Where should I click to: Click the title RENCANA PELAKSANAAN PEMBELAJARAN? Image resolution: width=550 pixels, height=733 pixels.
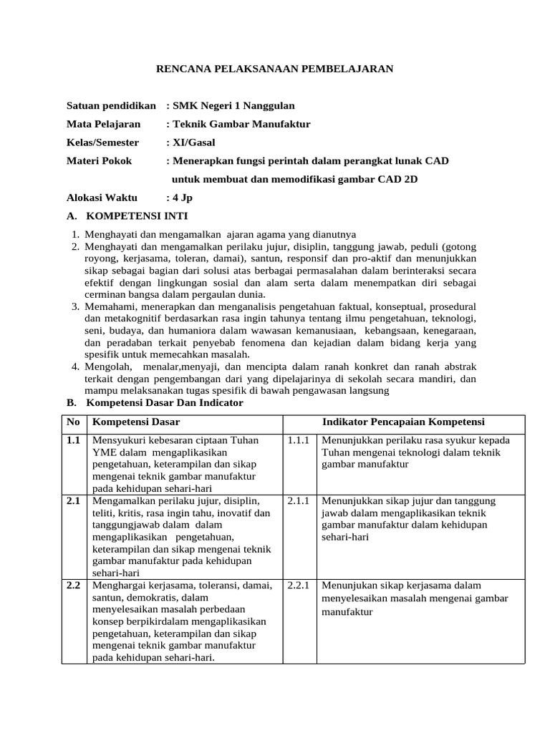coord(275,69)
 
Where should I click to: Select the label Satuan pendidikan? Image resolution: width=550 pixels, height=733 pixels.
coord(111,105)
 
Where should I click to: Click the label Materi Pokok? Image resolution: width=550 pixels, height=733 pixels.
coord(100,161)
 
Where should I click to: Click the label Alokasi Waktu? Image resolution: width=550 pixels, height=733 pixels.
coord(102,198)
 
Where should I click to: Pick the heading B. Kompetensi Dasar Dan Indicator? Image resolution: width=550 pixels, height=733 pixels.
coord(155,403)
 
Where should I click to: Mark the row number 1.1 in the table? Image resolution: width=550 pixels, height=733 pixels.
coord(73,440)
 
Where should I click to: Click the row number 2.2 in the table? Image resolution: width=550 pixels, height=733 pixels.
coord(73,585)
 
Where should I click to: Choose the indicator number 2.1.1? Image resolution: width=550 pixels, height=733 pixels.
coord(298,500)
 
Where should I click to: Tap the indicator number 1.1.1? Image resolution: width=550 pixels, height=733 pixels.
coord(298,440)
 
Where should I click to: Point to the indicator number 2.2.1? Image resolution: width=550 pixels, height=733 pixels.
coord(298,585)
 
